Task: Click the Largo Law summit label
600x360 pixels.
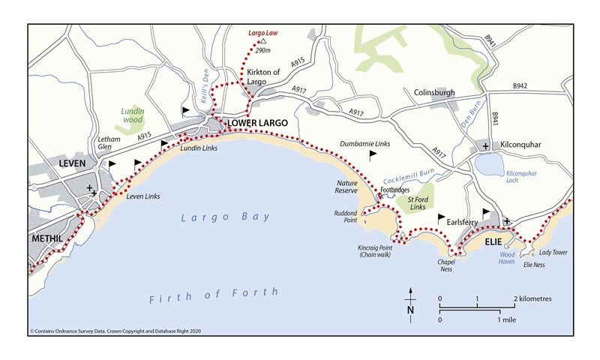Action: pyautogui.click(x=263, y=33)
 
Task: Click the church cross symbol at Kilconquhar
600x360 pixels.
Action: pyautogui.click(x=486, y=145)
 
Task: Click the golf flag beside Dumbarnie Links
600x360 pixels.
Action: pyautogui.click(x=372, y=154)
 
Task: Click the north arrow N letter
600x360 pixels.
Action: pyautogui.click(x=410, y=310)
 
